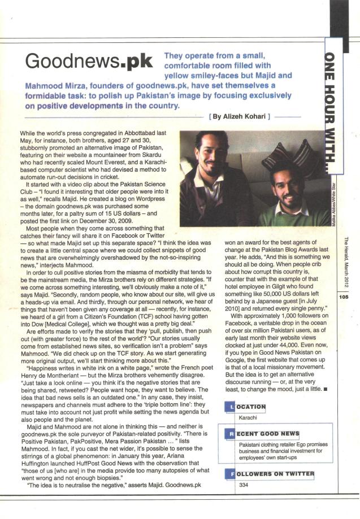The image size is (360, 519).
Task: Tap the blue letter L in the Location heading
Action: click(x=228, y=407)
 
